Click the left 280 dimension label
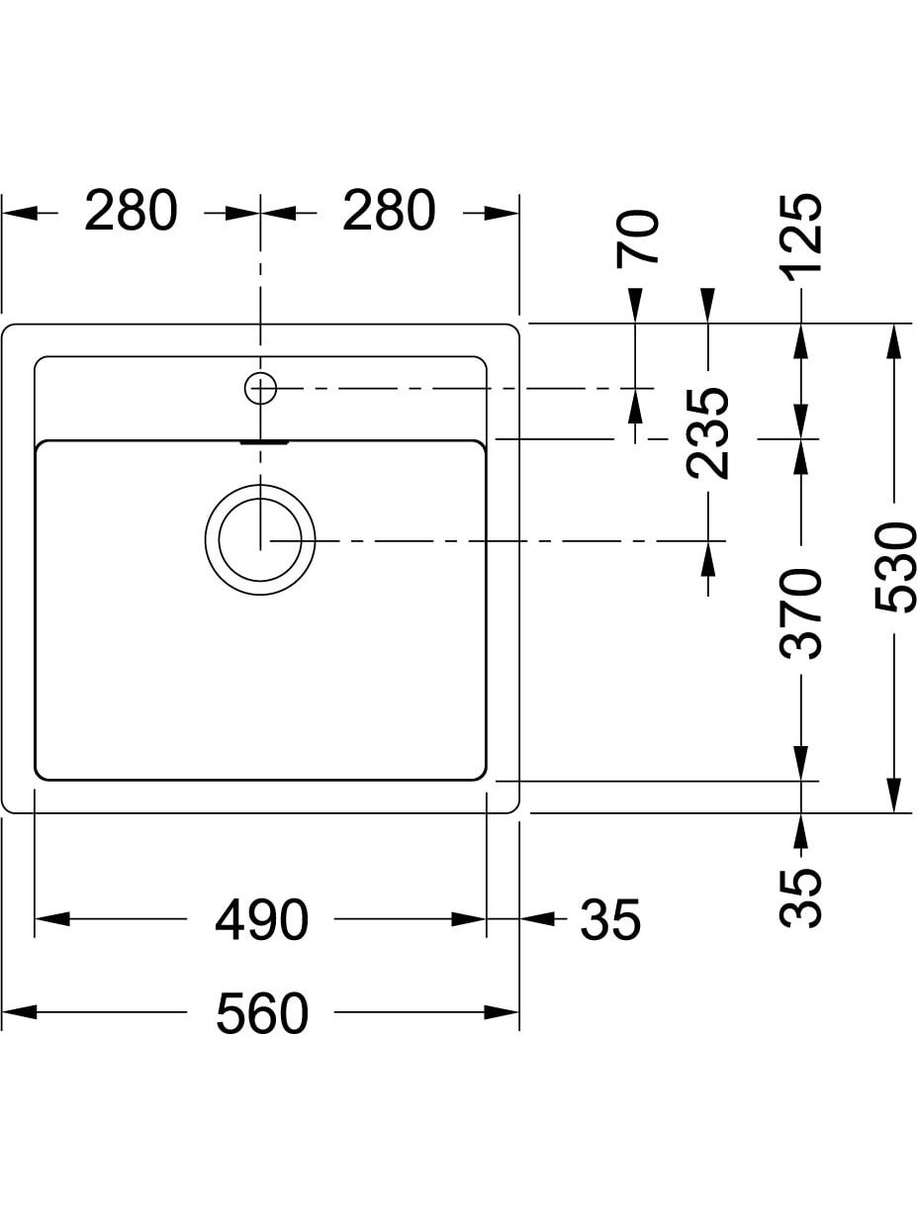pyautogui.click(x=131, y=211)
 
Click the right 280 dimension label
pyautogui.click(x=389, y=211)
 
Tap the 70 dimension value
pyautogui.click(x=637, y=238)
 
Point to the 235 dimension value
pyautogui.click(x=707, y=433)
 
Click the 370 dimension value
pyautogui.click(x=801, y=614)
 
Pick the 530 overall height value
pyautogui.click(x=894, y=567)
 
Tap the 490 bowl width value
pyautogui.click(x=261, y=920)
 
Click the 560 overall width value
pyautogui.click(x=262, y=1013)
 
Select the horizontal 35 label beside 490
pyautogui.click(x=610, y=920)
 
